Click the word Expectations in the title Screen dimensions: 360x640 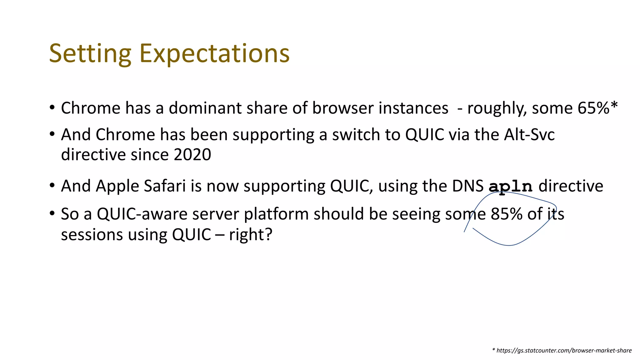coord(214,54)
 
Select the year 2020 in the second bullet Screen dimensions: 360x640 coord(192,154)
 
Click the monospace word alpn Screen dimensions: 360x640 coord(510,187)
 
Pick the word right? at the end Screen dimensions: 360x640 coord(251,234)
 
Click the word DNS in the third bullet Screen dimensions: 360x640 coord(467,186)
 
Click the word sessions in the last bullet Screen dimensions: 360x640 coord(92,235)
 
